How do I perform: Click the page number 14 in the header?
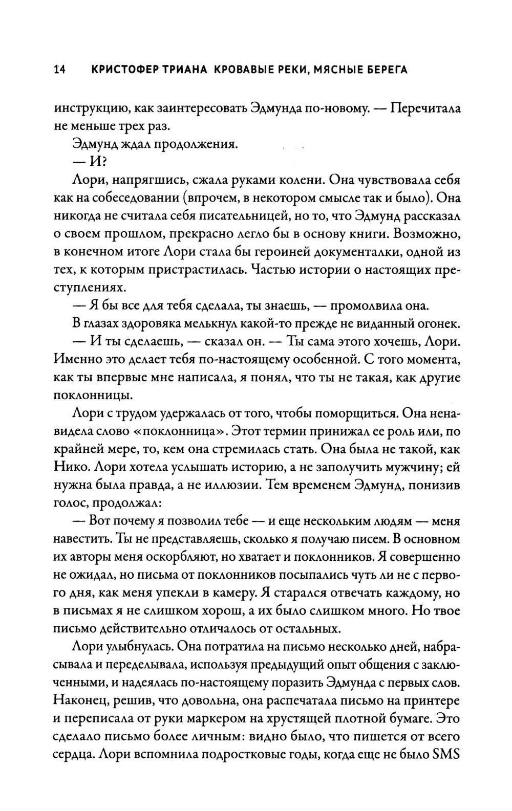(x=58, y=70)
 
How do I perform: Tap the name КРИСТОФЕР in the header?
(x=123, y=70)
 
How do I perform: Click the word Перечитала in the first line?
(x=429, y=108)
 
